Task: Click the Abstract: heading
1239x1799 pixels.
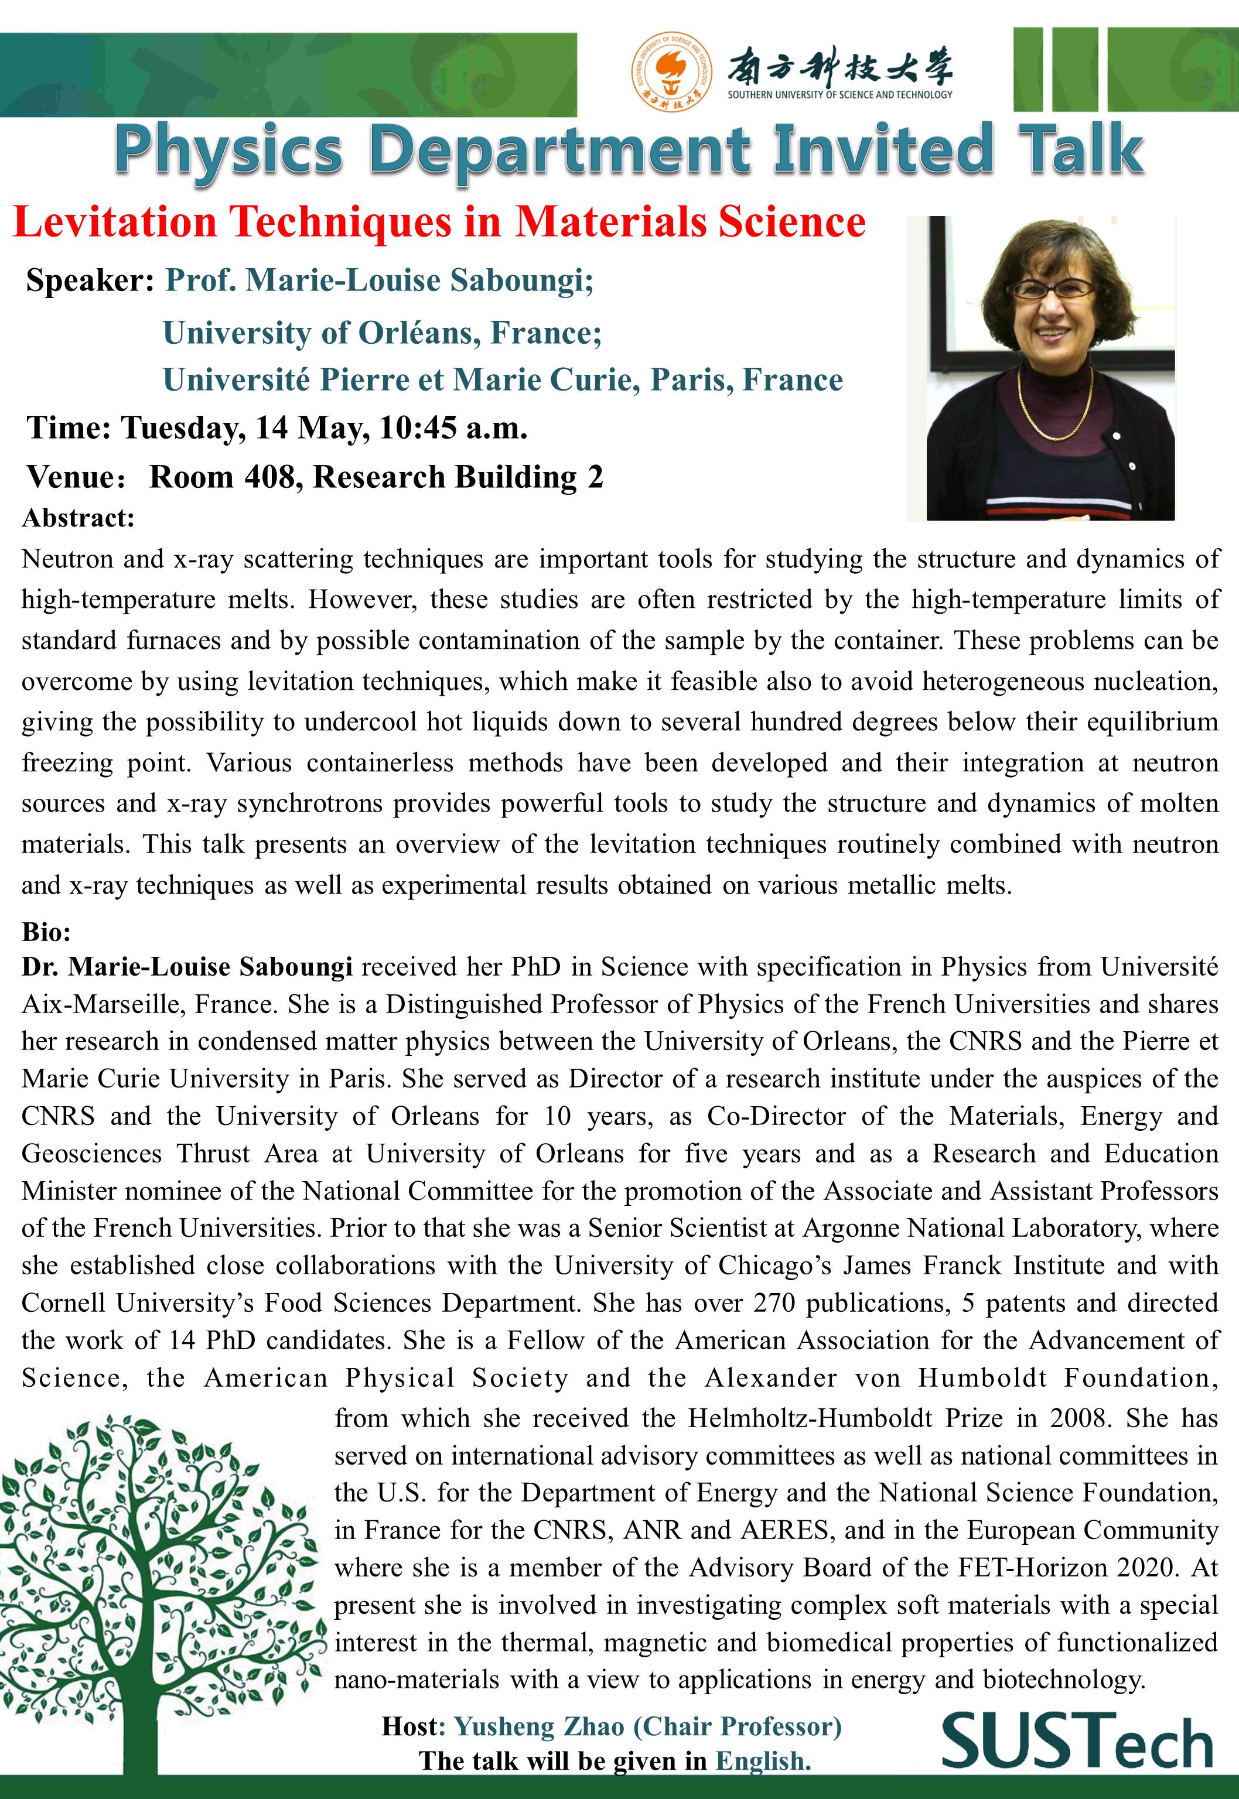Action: click(x=78, y=518)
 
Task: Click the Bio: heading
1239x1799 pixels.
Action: click(x=47, y=931)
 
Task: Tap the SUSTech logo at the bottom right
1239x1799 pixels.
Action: click(x=1077, y=1742)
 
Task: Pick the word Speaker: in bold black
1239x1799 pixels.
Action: click(x=90, y=280)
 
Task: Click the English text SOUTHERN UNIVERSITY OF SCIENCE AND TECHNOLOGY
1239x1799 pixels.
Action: click(x=839, y=95)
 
